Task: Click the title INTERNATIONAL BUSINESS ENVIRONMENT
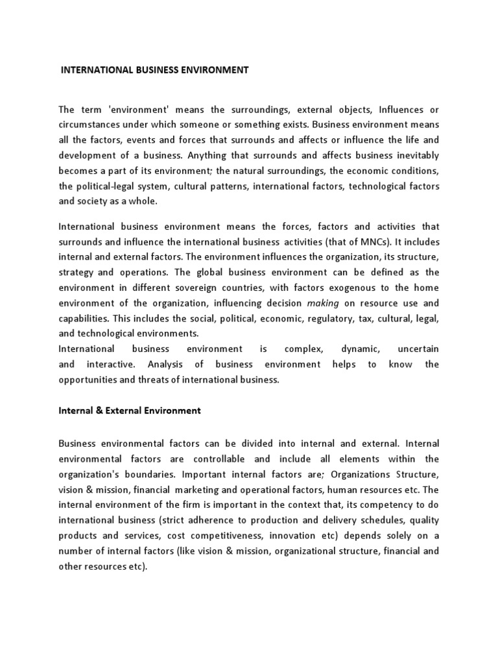tap(154, 70)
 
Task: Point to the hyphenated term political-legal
tap(102, 186)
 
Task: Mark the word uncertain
tap(418, 349)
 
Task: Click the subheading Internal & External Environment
tap(130, 410)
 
